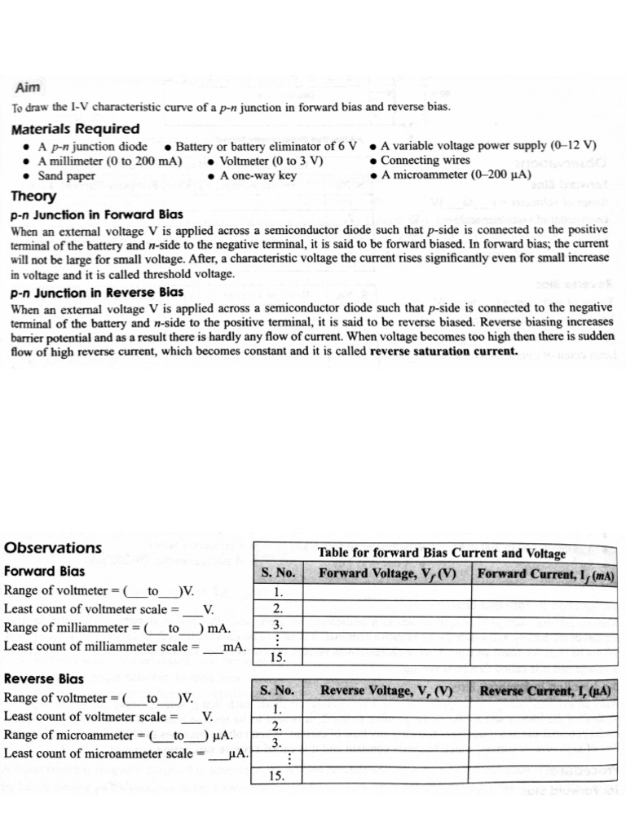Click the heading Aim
pyautogui.click(x=27, y=88)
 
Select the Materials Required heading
pyautogui.click(x=75, y=129)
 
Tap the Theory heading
pyautogui.click(x=33, y=196)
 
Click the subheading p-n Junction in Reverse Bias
pyautogui.click(x=97, y=292)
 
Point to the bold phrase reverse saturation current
pyautogui.click(x=443, y=351)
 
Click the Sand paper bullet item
pyautogui.click(x=66, y=175)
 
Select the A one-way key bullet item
pyautogui.click(x=258, y=175)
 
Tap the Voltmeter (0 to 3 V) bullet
pyautogui.click(x=271, y=161)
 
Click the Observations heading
pyautogui.click(x=53, y=547)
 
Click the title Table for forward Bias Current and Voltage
pyautogui.click(x=441, y=553)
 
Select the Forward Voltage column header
pyautogui.click(x=386, y=573)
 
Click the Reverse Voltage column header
pyautogui.click(x=386, y=691)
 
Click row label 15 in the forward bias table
pyautogui.click(x=278, y=657)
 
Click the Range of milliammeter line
pyautogui.click(x=117, y=629)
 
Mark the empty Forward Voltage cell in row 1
pyautogui.click(x=386, y=592)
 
